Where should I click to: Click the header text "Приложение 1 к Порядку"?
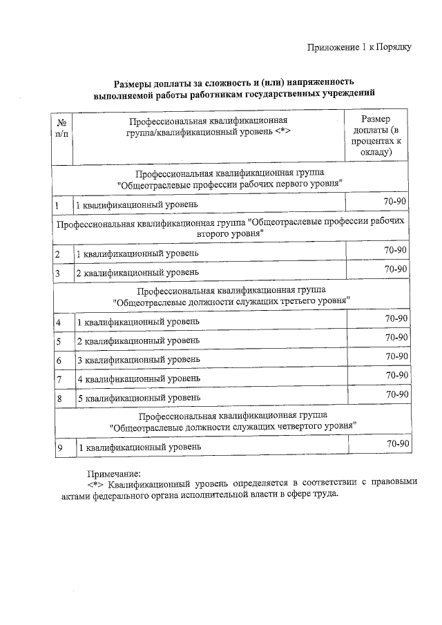pyautogui.click(x=360, y=48)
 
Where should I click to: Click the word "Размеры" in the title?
pyautogui.click(x=135, y=81)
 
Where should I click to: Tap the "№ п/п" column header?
pyautogui.click(x=61, y=127)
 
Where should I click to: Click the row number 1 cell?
pyautogui.click(x=61, y=205)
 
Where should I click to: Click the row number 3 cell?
pyautogui.click(x=61, y=273)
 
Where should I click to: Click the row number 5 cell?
pyautogui.click(x=61, y=341)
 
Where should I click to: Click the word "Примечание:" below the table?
pyautogui.click(x=113, y=474)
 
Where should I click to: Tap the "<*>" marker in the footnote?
pyautogui.click(x=96, y=484)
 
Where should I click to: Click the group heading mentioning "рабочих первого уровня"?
pyautogui.click(x=231, y=179)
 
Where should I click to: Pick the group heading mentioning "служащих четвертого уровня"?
pyautogui.click(x=231, y=421)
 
